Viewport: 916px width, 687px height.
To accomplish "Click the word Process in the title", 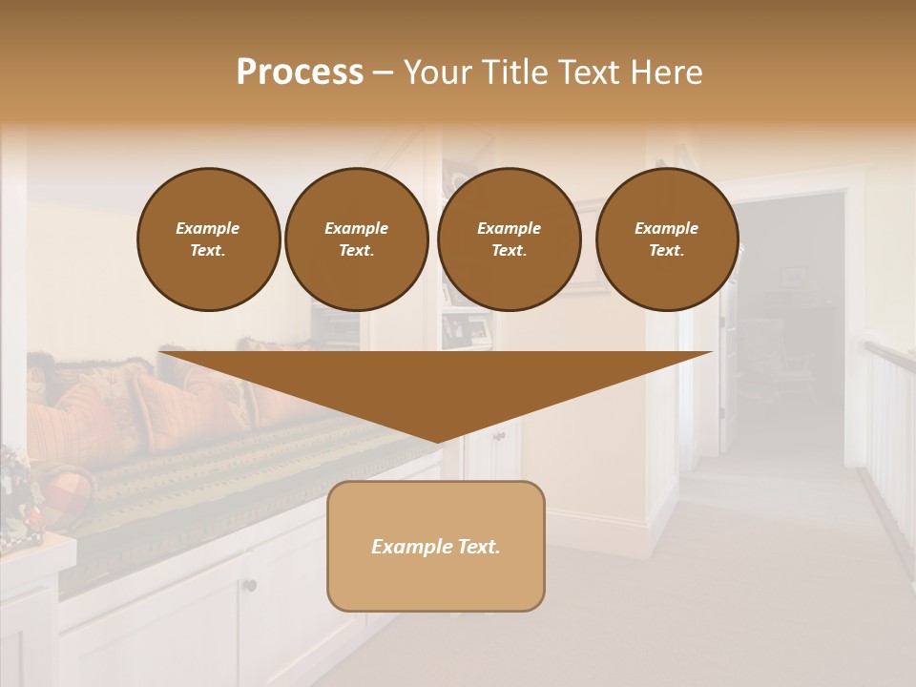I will (x=300, y=72).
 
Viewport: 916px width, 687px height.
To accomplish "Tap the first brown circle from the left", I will (x=209, y=239).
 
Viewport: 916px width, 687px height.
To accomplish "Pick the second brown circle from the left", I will (x=357, y=239).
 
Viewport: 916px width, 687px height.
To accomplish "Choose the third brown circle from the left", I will (x=510, y=239).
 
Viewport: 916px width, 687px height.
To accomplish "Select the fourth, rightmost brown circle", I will (x=667, y=239).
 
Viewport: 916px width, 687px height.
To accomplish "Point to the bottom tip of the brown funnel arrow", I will (x=438, y=441).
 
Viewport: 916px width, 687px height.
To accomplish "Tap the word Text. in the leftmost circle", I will (x=208, y=251).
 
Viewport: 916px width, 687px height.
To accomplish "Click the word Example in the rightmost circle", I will (x=667, y=228).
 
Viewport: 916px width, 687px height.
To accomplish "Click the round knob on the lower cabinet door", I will (x=249, y=584).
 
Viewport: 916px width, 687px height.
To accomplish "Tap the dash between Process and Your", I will (x=384, y=73).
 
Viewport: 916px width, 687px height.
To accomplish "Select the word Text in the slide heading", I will (x=588, y=72).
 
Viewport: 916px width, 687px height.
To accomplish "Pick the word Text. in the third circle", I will (x=510, y=251).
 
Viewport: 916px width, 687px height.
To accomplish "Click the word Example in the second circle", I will (x=357, y=228).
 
